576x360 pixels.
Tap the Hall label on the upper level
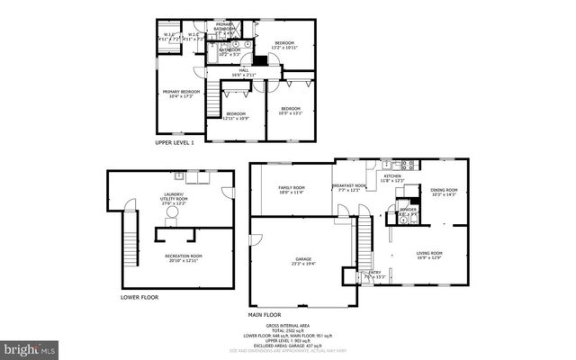click(243, 74)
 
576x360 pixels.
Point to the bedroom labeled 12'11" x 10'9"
click(236, 116)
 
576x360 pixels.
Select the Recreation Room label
click(184, 258)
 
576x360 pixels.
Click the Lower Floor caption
click(139, 296)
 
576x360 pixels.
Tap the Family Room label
click(292, 190)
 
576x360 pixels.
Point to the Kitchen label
click(393, 179)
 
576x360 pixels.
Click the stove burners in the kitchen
click(406, 165)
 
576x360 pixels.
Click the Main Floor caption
click(266, 314)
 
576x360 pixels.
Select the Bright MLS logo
click(29, 346)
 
